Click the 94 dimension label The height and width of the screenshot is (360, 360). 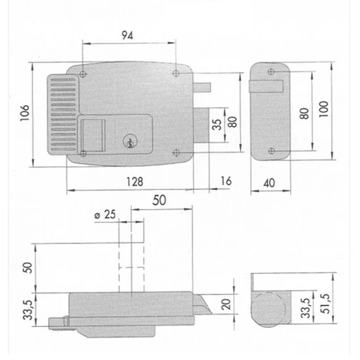pyautogui.click(x=127, y=35)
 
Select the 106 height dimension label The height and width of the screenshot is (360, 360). pyautogui.click(x=25, y=113)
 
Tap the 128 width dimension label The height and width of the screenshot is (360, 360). pyautogui.click(x=135, y=182)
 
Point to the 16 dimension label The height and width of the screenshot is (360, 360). pyautogui.click(x=226, y=181)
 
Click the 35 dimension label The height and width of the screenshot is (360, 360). pyautogui.click(x=216, y=124)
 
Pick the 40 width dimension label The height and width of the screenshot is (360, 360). pyautogui.click(x=269, y=183)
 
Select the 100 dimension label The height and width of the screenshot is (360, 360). pyautogui.click(x=324, y=109)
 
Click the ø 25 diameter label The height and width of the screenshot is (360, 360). pyautogui.click(x=105, y=215)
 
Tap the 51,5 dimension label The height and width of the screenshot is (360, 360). pyautogui.click(x=325, y=304)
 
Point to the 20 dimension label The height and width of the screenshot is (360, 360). pyautogui.click(x=226, y=304)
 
